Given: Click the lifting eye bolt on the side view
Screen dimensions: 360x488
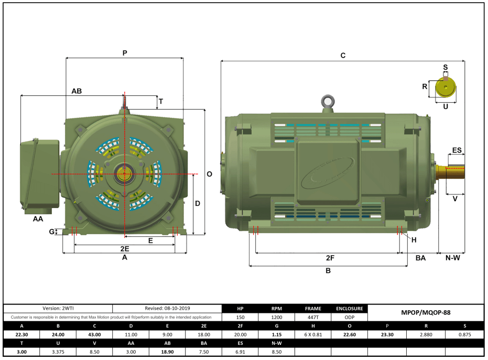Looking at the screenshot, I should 329,101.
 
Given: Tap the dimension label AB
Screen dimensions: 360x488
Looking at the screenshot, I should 77,91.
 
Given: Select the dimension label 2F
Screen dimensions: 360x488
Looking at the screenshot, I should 330,258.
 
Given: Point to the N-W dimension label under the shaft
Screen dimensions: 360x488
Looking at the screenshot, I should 452,258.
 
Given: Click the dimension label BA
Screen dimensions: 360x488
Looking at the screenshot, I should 420,258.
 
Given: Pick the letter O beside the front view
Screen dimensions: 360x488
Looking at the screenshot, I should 209,174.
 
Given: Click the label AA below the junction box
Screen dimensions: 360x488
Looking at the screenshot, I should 38,219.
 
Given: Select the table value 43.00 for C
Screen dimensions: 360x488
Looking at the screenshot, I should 94,334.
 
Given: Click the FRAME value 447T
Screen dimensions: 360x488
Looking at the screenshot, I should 313,317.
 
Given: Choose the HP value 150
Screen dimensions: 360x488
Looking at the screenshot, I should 241,317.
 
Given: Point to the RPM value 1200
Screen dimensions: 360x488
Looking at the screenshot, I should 277,317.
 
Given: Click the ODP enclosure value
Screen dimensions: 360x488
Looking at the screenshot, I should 349,317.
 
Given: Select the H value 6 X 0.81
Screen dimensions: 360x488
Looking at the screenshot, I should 313,334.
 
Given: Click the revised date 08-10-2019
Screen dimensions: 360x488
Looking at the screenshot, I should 167,309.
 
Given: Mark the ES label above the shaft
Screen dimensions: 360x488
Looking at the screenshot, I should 457,150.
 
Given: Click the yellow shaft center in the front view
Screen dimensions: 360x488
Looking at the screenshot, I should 125,174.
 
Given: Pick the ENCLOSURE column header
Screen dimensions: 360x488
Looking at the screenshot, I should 349,309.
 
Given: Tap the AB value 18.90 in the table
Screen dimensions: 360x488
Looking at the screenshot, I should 167,352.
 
